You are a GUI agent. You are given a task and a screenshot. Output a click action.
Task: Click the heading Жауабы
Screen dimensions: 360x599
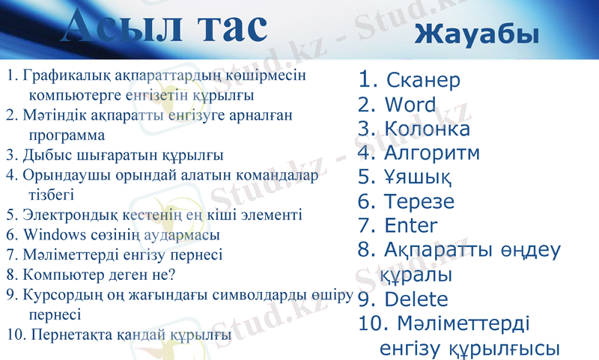(x=477, y=34)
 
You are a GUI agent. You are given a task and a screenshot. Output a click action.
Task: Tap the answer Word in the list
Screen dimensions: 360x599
(x=410, y=104)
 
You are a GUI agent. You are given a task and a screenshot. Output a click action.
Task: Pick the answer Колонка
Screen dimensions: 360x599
(x=427, y=129)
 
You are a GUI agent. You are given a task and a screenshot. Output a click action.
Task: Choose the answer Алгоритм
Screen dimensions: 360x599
(x=431, y=153)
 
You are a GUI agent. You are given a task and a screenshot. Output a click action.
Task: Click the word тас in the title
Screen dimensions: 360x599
(x=231, y=27)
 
